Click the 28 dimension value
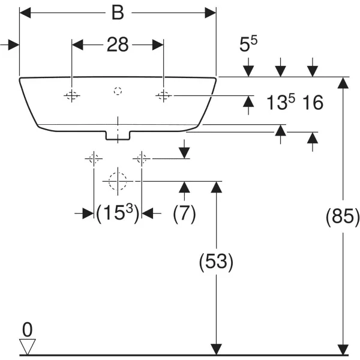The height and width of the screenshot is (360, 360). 118,44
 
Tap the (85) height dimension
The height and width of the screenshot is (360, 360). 343,217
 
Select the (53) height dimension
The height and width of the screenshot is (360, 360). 215,262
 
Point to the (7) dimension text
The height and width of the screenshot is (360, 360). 184,214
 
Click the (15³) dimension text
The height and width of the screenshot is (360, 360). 118,214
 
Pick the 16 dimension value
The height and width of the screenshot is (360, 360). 313,103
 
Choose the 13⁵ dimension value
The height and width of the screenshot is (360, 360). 283,103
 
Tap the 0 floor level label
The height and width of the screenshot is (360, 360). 26,329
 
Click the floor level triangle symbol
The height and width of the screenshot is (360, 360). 28,346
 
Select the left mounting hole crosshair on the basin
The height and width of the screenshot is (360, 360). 72,95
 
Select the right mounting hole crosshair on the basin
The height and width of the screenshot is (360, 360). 163,95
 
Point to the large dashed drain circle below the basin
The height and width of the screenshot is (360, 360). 118,180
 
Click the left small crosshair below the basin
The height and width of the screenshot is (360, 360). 93,158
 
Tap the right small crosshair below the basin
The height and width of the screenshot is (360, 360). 142,158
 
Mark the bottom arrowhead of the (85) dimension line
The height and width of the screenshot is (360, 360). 343,350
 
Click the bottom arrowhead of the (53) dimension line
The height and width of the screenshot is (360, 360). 215,350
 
